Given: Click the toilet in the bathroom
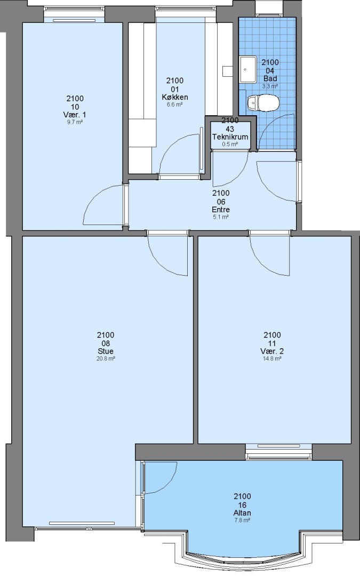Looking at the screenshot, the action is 263,103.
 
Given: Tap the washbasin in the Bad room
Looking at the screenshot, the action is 249,69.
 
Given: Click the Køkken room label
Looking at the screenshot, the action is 175,97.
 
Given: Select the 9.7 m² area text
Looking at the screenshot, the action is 75,122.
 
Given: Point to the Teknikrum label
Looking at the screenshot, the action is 230,137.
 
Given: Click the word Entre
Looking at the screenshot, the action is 221,210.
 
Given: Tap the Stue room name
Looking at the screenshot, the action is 106,351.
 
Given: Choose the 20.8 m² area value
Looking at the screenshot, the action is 106,359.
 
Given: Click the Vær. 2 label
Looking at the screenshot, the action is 272,351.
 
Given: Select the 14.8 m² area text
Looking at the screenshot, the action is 272,359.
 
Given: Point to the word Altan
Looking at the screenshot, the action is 243,513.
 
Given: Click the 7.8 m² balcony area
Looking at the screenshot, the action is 243,521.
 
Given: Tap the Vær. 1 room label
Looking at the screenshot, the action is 75,115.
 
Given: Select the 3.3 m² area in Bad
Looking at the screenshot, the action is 270,86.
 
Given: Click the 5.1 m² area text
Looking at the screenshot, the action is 221,217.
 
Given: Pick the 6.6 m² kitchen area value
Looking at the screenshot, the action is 175,105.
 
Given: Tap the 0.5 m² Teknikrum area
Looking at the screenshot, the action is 230,145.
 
